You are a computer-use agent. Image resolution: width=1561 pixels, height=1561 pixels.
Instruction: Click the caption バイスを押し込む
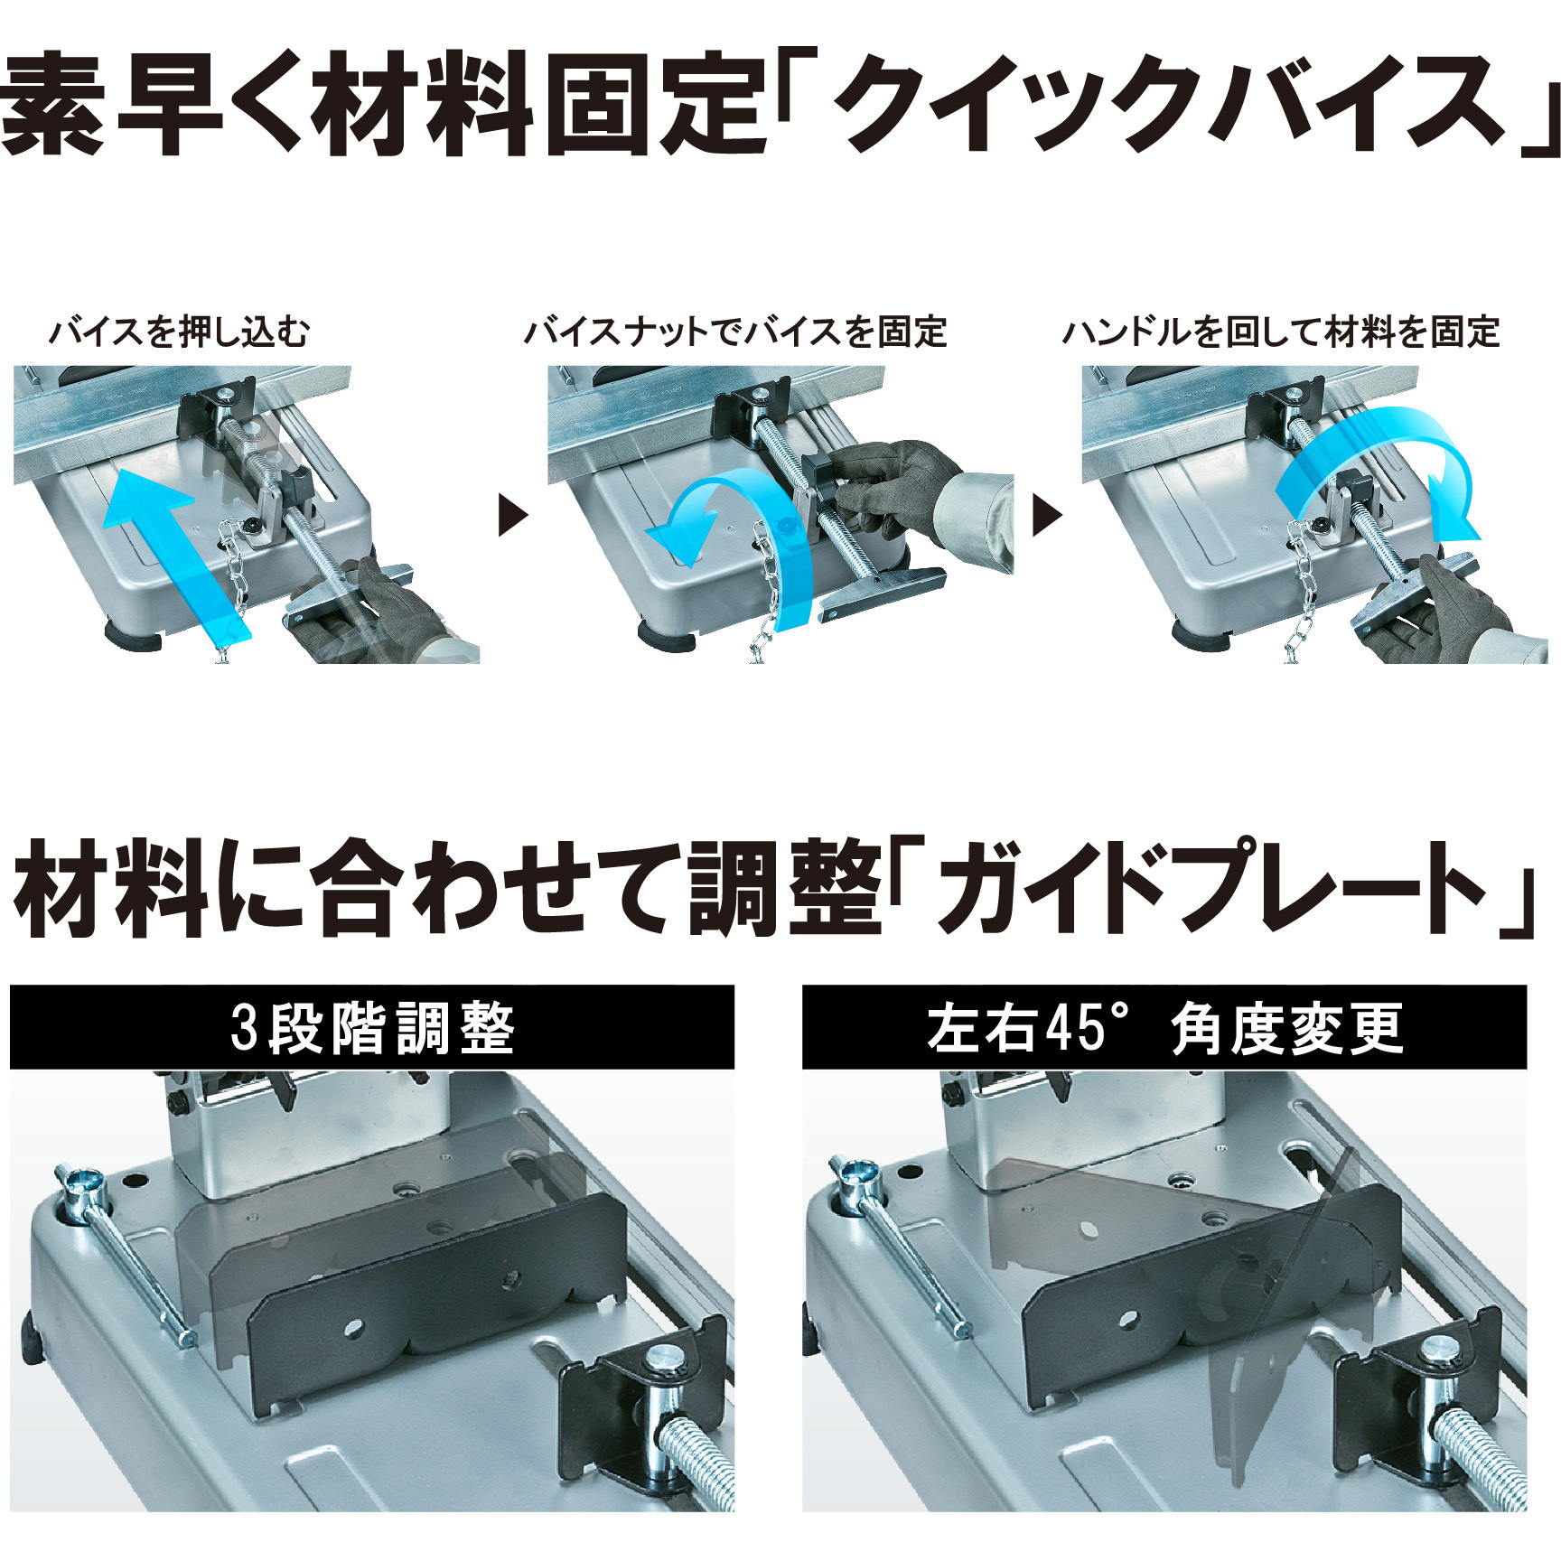tap(179, 332)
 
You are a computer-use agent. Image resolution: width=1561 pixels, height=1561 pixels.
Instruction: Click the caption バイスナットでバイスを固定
tap(734, 332)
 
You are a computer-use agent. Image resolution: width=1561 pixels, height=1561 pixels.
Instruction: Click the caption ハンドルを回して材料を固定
tap(1280, 332)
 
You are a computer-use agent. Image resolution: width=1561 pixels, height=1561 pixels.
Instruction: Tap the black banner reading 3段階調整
tap(371, 1028)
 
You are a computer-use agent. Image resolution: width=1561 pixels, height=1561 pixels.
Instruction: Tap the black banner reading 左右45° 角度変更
tap(1164, 1028)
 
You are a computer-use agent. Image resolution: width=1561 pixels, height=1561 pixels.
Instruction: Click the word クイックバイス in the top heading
tap(1165, 104)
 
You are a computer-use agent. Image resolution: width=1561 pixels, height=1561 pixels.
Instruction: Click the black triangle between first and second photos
tap(512, 517)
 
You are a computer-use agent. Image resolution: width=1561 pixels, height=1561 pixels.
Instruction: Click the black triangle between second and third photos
tap(1046, 517)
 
